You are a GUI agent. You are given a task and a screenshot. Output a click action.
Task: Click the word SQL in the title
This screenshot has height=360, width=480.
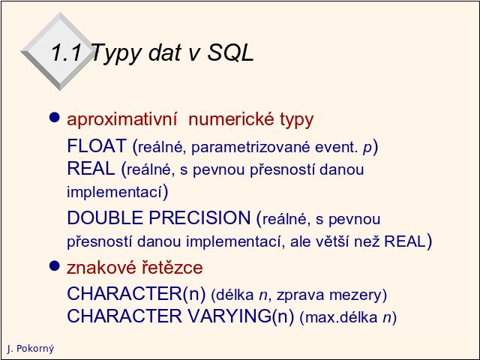pyautogui.click(x=231, y=52)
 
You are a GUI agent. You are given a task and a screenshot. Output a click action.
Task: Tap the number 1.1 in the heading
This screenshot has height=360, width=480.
pyautogui.click(x=67, y=52)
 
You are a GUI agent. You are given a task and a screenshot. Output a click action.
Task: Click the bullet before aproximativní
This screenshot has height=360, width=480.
pyautogui.click(x=54, y=117)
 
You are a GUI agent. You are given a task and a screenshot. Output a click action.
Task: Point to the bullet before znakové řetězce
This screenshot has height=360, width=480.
pyautogui.click(x=54, y=265)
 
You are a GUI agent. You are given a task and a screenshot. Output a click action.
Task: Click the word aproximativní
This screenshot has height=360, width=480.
pyautogui.click(x=121, y=120)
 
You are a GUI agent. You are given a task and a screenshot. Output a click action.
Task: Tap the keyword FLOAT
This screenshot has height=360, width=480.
pyautogui.click(x=97, y=145)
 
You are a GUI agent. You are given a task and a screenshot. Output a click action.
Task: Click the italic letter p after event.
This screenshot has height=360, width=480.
pyautogui.click(x=367, y=148)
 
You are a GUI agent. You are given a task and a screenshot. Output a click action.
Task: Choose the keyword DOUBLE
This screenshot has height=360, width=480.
pyautogui.click(x=105, y=218)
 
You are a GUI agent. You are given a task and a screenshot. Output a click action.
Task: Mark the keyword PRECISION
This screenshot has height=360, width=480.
pyautogui.click(x=200, y=218)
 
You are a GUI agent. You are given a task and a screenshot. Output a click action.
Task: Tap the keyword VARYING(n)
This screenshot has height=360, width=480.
pyautogui.click(x=240, y=316)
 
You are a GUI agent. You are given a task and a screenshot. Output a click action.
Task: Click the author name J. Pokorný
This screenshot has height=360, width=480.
pyautogui.click(x=30, y=348)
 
